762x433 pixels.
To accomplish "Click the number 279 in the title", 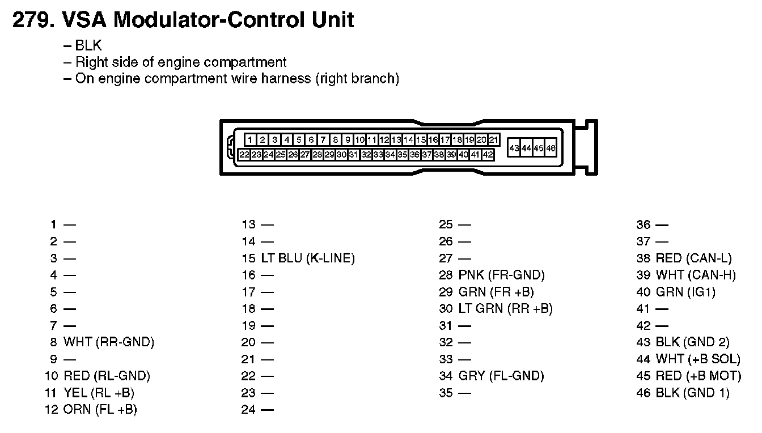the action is pyautogui.click(x=33, y=20).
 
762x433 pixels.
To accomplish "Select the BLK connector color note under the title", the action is pyautogui.click(x=88, y=45).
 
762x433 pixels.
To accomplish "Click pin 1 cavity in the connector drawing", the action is pyautogui.click(x=250, y=140).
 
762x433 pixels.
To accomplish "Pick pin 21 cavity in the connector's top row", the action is pyautogui.click(x=494, y=140).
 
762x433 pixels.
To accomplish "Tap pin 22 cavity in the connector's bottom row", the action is pyautogui.click(x=244, y=155).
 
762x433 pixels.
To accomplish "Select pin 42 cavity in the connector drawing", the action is pyautogui.click(x=488, y=155).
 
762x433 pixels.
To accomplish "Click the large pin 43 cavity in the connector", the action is pyautogui.click(x=514, y=148).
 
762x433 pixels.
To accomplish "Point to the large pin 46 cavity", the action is pyautogui.click(x=551, y=148).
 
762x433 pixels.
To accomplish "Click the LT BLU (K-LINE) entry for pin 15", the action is pyautogui.click(x=308, y=258).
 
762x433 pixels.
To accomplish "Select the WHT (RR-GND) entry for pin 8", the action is pyautogui.click(x=109, y=342).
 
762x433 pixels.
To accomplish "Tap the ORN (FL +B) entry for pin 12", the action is pyautogui.click(x=100, y=410).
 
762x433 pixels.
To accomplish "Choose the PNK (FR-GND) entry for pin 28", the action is pyautogui.click(x=501, y=275).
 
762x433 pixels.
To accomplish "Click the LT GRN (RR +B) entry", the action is pyautogui.click(x=506, y=308).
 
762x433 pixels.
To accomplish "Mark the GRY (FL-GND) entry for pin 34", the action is pyautogui.click(x=501, y=376).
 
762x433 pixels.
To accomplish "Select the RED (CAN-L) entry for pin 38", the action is pyautogui.click(x=693, y=258).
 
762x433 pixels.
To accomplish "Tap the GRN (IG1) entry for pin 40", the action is pyautogui.click(x=685, y=292).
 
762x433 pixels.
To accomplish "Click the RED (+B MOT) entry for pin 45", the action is pyautogui.click(x=698, y=376).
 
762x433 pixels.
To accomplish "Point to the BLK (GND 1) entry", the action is pyautogui.click(x=693, y=393).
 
